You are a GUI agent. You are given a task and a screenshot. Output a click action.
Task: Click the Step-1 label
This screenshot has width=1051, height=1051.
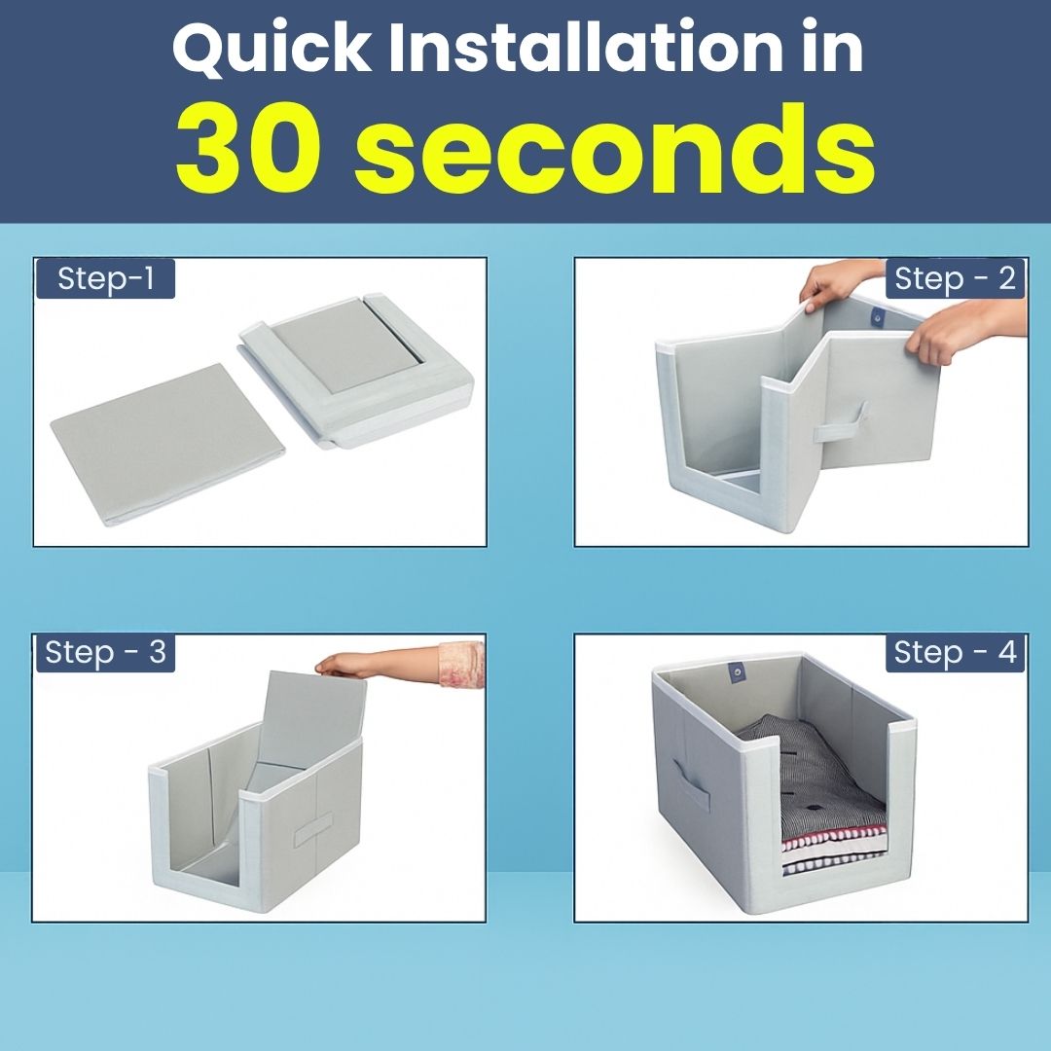[x=105, y=278]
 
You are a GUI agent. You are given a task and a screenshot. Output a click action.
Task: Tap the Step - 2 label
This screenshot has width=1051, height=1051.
[x=955, y=278]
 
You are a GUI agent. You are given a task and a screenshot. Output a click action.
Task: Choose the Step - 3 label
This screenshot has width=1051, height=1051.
[x=105, y=652]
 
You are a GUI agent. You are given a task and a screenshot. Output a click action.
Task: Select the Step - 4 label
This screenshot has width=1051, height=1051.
[x=955, y=652]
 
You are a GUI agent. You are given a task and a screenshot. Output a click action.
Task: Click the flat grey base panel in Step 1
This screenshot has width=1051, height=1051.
[x=167, y=443]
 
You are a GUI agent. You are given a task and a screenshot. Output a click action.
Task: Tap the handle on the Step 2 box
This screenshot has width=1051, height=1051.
[x=842, y=423]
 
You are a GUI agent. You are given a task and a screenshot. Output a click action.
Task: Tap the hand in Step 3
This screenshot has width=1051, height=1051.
[x=376, y=664]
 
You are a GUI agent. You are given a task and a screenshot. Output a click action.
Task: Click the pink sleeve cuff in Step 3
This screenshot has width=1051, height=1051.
[x=461, y=665]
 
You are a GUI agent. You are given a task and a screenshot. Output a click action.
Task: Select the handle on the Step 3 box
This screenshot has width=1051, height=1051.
[x=313, y=830]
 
